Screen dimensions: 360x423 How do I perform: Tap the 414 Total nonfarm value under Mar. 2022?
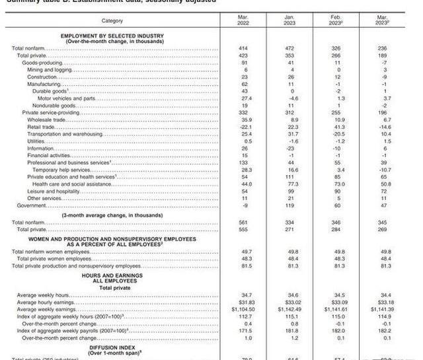(245, 48)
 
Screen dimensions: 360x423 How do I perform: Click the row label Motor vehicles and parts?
(66, 98)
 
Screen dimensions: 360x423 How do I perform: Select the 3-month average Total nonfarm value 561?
(245, 223)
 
